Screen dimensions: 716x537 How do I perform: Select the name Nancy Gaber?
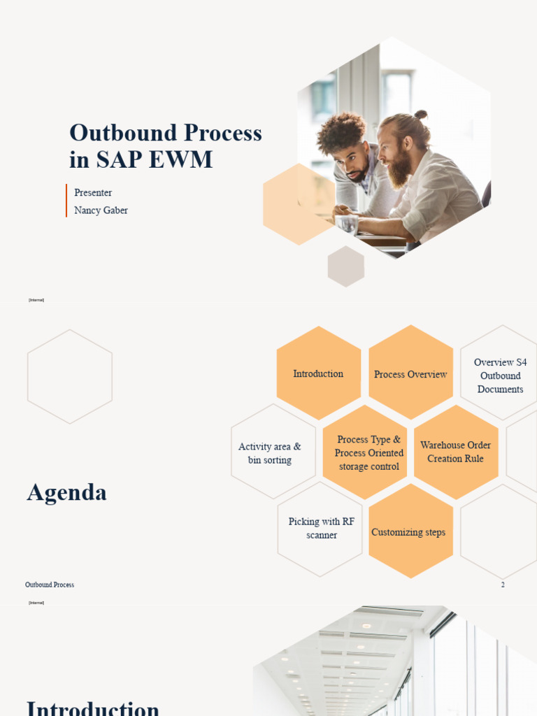tap(101, 210)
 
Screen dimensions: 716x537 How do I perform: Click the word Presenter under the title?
tap(93, 193)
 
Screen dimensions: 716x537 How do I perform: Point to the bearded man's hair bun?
tap(420, 114)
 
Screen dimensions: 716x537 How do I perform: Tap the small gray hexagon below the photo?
tap(346, 266)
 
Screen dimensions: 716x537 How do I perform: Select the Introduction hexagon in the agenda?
tap(318, 374)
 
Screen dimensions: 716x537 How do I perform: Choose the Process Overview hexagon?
tap(410, 374)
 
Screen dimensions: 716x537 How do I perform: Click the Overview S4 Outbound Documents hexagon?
tap(501, 375)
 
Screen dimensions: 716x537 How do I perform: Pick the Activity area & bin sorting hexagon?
tap(270, 453)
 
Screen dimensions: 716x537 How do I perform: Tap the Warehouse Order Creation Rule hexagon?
tap(455, 452)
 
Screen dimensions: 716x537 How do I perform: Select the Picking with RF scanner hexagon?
tap(321, 529)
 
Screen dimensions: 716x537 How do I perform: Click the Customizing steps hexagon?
tap(409, 532)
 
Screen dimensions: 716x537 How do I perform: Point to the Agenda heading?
tap(67, 493)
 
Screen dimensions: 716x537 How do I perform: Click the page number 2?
tap(503, 585)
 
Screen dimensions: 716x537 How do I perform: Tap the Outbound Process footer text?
tap(50, 585)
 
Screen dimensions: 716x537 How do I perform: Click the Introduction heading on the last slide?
tap(93, 706)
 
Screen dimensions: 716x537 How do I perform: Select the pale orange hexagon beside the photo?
tap(297, 204)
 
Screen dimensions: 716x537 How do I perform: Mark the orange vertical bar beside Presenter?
tap(66, 201)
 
